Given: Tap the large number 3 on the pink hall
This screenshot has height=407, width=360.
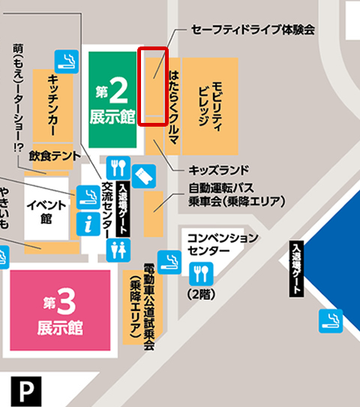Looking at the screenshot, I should click(66, 304).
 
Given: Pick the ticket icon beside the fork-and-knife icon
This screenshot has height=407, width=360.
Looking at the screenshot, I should click(145, 178).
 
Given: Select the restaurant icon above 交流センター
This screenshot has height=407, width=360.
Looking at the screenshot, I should click(118, 167).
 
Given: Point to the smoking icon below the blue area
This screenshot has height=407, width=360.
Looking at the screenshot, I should click(331, 320).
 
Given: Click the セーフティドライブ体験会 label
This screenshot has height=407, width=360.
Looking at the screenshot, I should click(253, 28).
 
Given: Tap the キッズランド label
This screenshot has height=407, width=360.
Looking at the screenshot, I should click(218, 169).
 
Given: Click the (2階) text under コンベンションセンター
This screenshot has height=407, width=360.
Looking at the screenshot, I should click(199, 293).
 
